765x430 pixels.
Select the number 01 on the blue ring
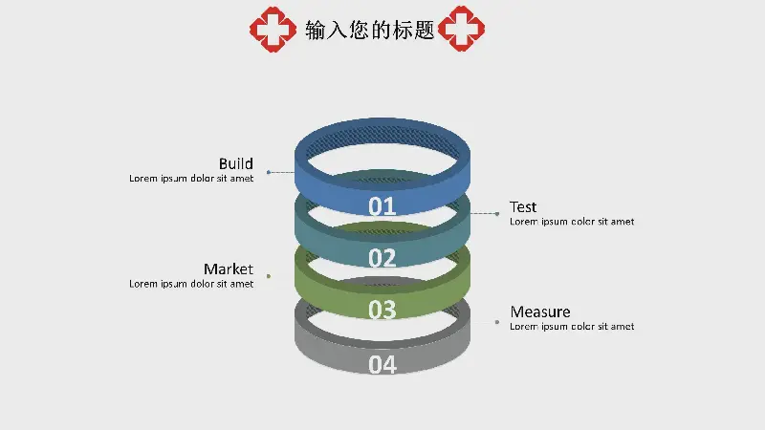(382, 205)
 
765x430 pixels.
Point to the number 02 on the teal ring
(382, 258)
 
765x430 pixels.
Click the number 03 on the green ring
(382, 310)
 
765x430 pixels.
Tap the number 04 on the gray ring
(382, 364)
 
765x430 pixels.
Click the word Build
(235, 163)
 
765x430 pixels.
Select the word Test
(523, 206)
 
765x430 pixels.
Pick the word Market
(228, 269)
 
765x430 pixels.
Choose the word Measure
(540, 312)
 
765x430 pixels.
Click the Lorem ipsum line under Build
(191, 178)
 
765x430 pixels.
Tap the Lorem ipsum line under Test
(572, 222)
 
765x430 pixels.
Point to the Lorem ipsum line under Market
(191, 284)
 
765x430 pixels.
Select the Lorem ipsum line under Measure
(572, 327)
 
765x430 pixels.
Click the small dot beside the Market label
(269, 276)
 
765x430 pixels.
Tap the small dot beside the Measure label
(497, 322)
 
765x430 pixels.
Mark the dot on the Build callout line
(269, 172)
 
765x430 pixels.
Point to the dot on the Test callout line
(497, 214)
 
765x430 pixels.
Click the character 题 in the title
(424, 30)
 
